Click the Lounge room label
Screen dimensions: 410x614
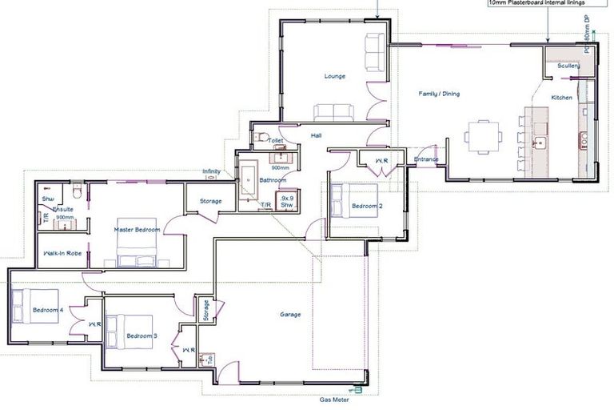point(334,77)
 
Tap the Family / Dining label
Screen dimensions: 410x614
point(439,94)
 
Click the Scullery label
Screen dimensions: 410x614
point(568,66)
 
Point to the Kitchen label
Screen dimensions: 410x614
point(562,98)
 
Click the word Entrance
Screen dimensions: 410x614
point(426,159)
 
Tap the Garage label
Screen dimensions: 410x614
point(290,315)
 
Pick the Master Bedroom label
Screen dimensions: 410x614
point(137,230)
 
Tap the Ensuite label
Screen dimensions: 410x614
point(63,209)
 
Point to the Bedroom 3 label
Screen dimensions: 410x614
point(142,336)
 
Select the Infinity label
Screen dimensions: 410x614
point(211,171)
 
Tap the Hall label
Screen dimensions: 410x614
point(317,136)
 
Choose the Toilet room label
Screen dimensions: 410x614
point(275,141)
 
